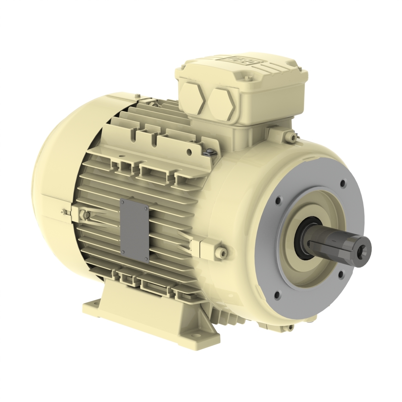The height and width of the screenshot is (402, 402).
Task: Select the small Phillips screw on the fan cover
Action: [x=63, y=211]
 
